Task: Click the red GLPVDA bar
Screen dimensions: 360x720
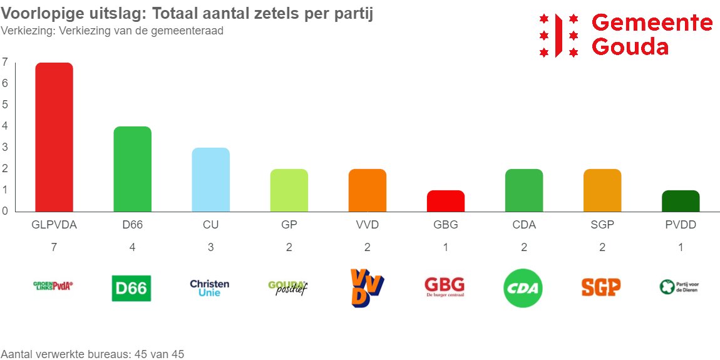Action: tap(54, 137)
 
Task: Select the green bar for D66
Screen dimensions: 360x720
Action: tap(132, 169)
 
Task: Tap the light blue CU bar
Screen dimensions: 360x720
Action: tap(210, 180)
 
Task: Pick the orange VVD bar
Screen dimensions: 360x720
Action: tap(367, 190)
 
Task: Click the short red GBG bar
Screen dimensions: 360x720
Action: tap(445, 201)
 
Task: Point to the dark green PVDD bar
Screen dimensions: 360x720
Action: tap(680, 201)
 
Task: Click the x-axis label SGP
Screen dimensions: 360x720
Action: tap(602, 225)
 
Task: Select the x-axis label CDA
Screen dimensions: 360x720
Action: tap(523, 225)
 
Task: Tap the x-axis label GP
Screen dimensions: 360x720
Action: tap(289, 225)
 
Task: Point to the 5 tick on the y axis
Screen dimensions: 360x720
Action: tap(5, 105)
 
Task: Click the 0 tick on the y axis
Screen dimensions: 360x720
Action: tap(5, 211)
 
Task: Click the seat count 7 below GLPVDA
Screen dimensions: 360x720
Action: tap(54, 247)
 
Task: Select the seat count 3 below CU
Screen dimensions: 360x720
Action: tap(210, 247)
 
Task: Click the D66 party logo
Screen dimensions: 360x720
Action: tap(131, 288)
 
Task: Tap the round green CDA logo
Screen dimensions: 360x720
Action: tap(523, 289)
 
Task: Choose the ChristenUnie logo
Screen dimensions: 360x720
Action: tap(210, 288)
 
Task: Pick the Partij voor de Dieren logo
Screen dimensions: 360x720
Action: tap(679, 287)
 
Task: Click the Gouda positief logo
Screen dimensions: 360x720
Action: tap(288, 288)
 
